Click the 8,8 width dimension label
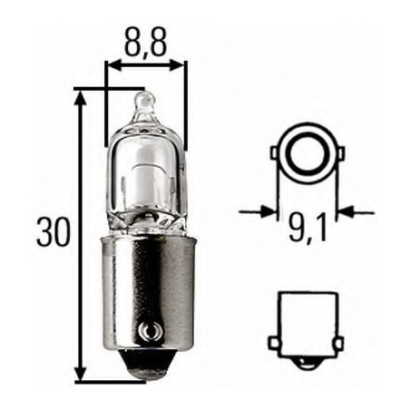(145, 42)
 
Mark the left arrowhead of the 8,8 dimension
(112, 65)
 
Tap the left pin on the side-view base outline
(273, 342)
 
